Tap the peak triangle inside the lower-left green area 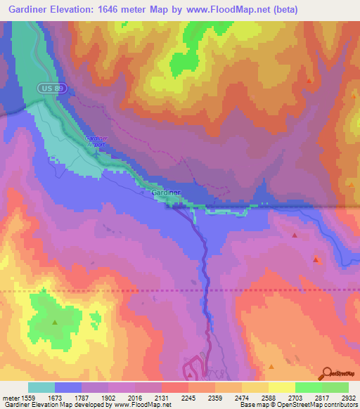(54, 323)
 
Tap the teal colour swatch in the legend (41, 387)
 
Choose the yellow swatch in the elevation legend (282, 387)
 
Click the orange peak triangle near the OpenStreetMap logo (271, 366)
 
